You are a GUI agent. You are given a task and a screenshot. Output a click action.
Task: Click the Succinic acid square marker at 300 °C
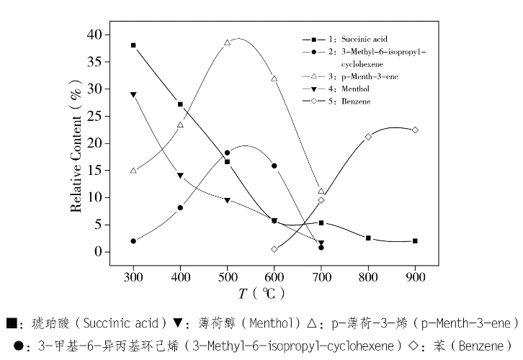133,45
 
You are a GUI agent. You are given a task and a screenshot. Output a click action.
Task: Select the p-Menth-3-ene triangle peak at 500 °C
228,42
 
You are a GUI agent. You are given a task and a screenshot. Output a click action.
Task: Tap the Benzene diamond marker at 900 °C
415,130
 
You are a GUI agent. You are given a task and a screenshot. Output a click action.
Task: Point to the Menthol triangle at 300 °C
133,94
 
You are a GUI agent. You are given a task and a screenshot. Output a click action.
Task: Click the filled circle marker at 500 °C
228,153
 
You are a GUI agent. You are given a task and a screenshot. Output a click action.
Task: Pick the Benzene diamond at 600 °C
274,249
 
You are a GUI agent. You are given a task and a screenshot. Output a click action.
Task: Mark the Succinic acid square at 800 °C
368,238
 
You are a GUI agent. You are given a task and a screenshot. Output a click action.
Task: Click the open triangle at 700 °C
321,191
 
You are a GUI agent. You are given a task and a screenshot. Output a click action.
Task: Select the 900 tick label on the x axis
415,276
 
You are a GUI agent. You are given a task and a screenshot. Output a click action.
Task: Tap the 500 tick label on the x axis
228,276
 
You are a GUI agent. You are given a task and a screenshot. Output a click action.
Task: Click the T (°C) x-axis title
262,293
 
